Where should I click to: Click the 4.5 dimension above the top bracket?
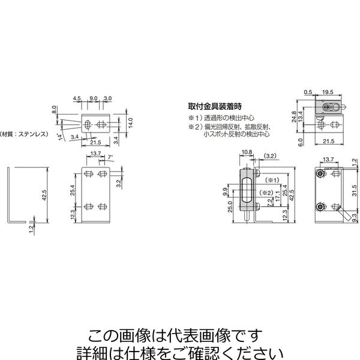click(77, 98)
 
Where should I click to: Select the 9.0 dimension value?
click(94, 98)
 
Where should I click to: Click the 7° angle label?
click(112, 157)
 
